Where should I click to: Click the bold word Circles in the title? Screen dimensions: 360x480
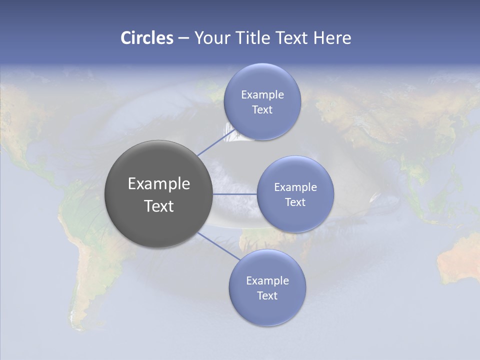(x=146, y=38)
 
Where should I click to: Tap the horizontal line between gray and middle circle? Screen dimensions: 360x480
(x=235, y=194)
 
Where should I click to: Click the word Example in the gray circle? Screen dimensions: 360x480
(x=159, y=184)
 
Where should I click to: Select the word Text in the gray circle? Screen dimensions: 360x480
(x=159, y=206)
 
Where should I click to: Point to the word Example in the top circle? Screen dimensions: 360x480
(x=262, y=95)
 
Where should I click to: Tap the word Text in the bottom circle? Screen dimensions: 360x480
(x=267, y=295)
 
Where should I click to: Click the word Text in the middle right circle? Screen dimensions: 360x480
(x=295, y=202)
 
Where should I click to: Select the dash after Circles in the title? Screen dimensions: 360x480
(x=183, y=38)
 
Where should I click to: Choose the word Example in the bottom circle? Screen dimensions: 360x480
(x=267, y=280)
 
